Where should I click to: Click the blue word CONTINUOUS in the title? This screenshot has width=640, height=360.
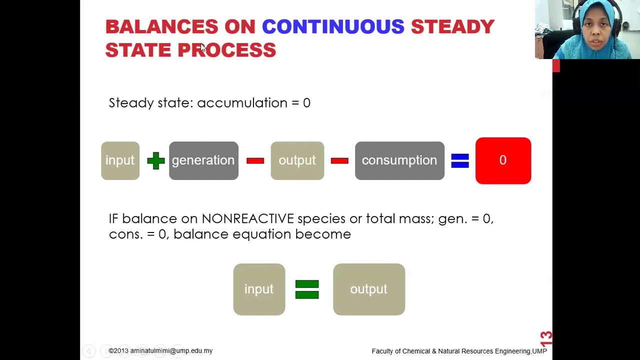[333, 26]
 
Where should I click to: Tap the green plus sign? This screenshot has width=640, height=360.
[155, 160]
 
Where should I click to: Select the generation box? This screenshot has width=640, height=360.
[203, 160]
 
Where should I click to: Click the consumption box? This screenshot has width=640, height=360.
[399, 160]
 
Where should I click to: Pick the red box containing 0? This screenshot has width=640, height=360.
[503, 160]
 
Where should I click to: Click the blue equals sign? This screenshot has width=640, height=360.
[460, 160]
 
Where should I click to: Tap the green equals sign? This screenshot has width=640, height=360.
[307, 289]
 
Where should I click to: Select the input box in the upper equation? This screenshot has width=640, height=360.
[120, 160]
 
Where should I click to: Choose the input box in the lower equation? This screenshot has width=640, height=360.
[259, 289]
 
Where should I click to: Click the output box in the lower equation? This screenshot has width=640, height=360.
[369, 289]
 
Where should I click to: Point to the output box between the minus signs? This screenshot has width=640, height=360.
[297, 160]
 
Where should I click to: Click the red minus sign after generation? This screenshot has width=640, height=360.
[255, 161]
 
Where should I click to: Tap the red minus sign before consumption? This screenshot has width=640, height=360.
[339, 161]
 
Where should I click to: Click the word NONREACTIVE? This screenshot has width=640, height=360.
[247, 219]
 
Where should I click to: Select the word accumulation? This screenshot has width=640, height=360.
[242, 103]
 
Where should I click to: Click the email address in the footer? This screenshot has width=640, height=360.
[171, 351]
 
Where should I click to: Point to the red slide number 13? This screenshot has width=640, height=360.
[546, 339]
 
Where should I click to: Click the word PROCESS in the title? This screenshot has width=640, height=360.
[227, 50]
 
